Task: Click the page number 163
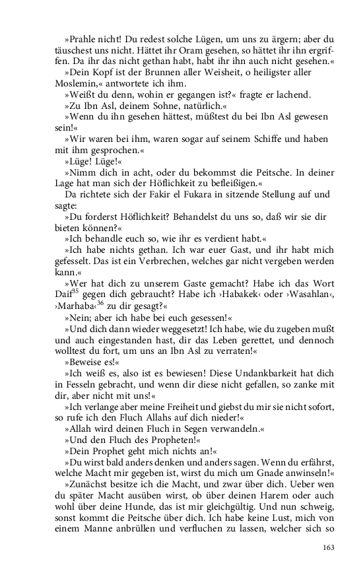[x=329, y=547]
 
